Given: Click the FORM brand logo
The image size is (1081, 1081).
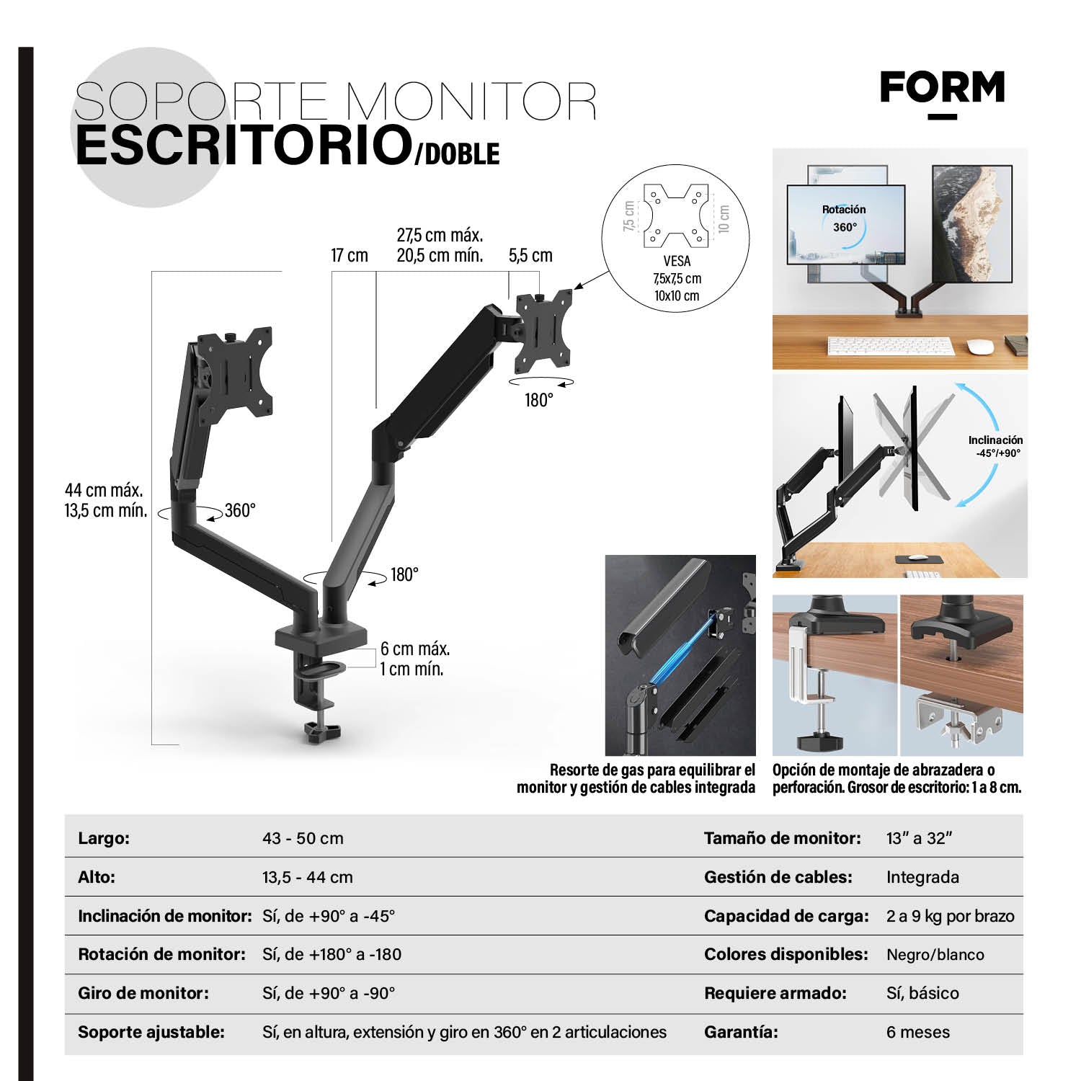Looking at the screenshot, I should click(942, 89).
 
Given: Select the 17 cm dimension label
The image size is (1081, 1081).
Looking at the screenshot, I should click(349, 256).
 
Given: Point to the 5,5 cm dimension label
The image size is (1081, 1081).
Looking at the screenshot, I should click(530, 256).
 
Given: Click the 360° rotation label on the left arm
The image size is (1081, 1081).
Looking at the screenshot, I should click(240, 511).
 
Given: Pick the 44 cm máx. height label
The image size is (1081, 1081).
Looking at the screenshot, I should click(104, 491).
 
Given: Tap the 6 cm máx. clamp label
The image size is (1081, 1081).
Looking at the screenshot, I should click(415, 649).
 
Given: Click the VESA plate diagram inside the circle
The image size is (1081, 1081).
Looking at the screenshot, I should click(676, 214).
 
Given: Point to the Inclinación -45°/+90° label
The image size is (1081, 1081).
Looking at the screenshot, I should click(995, 446).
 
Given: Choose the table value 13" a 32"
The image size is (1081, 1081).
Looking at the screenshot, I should click(920, 839).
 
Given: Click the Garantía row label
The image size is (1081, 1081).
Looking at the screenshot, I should click(741, 1032).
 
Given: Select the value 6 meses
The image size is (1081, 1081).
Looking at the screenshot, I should click(918, 1032).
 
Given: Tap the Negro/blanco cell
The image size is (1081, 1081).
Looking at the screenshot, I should click(935, 955).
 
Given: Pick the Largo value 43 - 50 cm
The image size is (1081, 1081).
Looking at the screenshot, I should click(303, 839).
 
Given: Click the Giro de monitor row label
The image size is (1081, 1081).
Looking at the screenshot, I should click(143, 993).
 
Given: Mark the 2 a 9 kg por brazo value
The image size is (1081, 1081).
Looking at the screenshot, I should click(950, 916).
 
